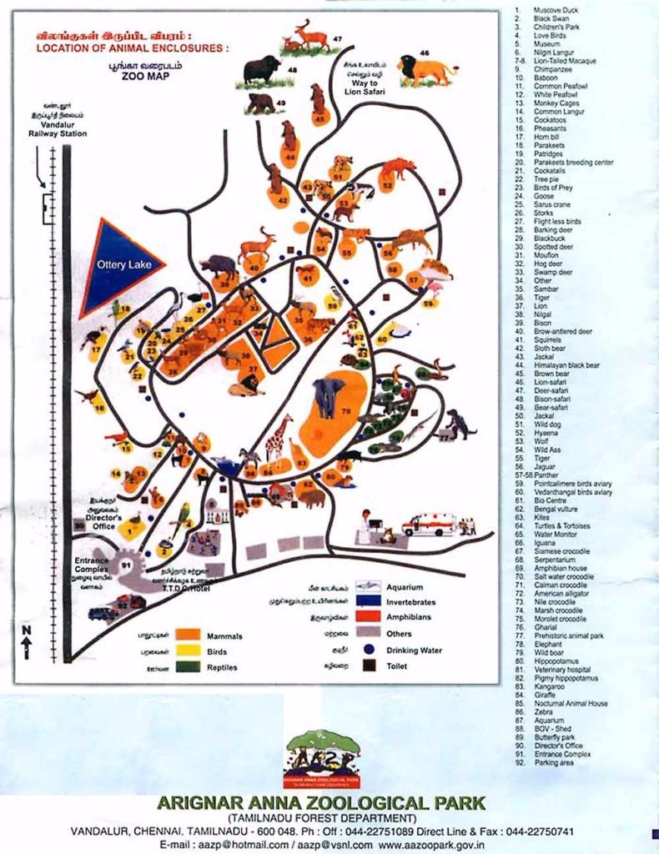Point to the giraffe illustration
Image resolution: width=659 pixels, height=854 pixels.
click(278, 437)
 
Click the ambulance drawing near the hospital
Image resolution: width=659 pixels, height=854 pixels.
click(429, 525)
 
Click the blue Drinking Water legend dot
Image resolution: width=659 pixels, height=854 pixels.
click(366, 651)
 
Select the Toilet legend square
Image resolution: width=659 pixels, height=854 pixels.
click(366, 666)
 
